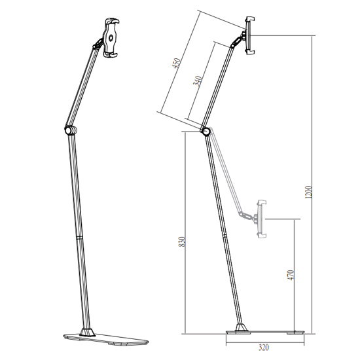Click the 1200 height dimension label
click(308, 192)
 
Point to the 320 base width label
click(263, 348)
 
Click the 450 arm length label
click(177, 63)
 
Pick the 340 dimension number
click(198, 81)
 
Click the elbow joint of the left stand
click(71, 130)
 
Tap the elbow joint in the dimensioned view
click(206, 132)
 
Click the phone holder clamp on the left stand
click(111, 37)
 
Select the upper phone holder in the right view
click(250, 35)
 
